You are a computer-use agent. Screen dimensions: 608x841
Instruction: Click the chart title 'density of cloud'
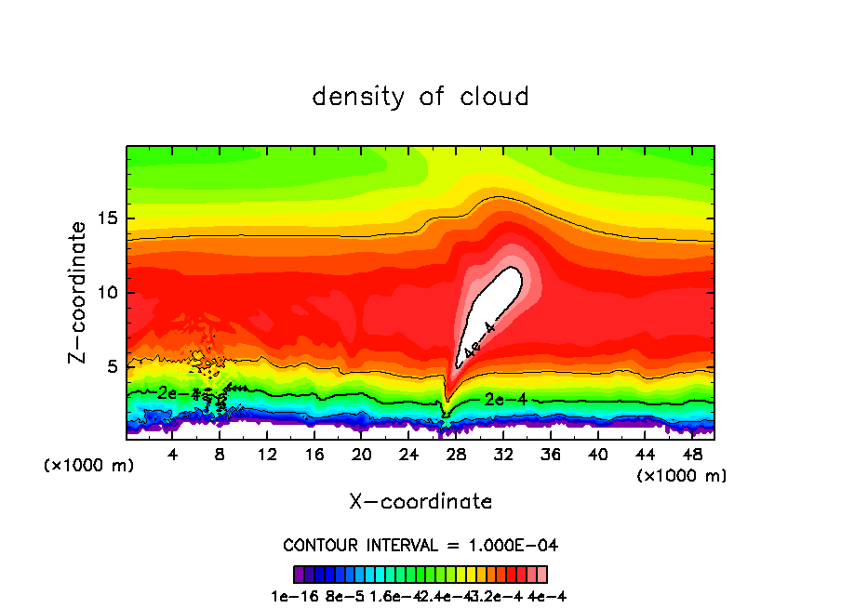pos(420,97)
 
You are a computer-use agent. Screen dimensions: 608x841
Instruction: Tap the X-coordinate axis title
pos(420,502)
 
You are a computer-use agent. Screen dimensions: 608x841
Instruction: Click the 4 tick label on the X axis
pos(173,455)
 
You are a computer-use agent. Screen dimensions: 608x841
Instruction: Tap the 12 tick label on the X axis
pos(267,455)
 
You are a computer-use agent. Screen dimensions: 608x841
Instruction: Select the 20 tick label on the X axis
pos(362,455)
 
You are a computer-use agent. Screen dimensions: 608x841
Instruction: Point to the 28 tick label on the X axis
pos(456,455)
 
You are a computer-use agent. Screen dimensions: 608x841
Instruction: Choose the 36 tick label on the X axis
pos(550,455)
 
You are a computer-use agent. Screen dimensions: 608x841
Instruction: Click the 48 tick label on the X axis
pos(691,455)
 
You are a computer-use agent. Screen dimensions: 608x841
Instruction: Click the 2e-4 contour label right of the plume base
pos(505,399)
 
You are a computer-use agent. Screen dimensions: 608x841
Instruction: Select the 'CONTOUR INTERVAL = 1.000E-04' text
pos(420,545)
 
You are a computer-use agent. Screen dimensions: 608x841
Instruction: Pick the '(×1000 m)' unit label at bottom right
pos(682,476)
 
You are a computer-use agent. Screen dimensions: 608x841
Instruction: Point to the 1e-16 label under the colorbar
pos(311,596)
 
